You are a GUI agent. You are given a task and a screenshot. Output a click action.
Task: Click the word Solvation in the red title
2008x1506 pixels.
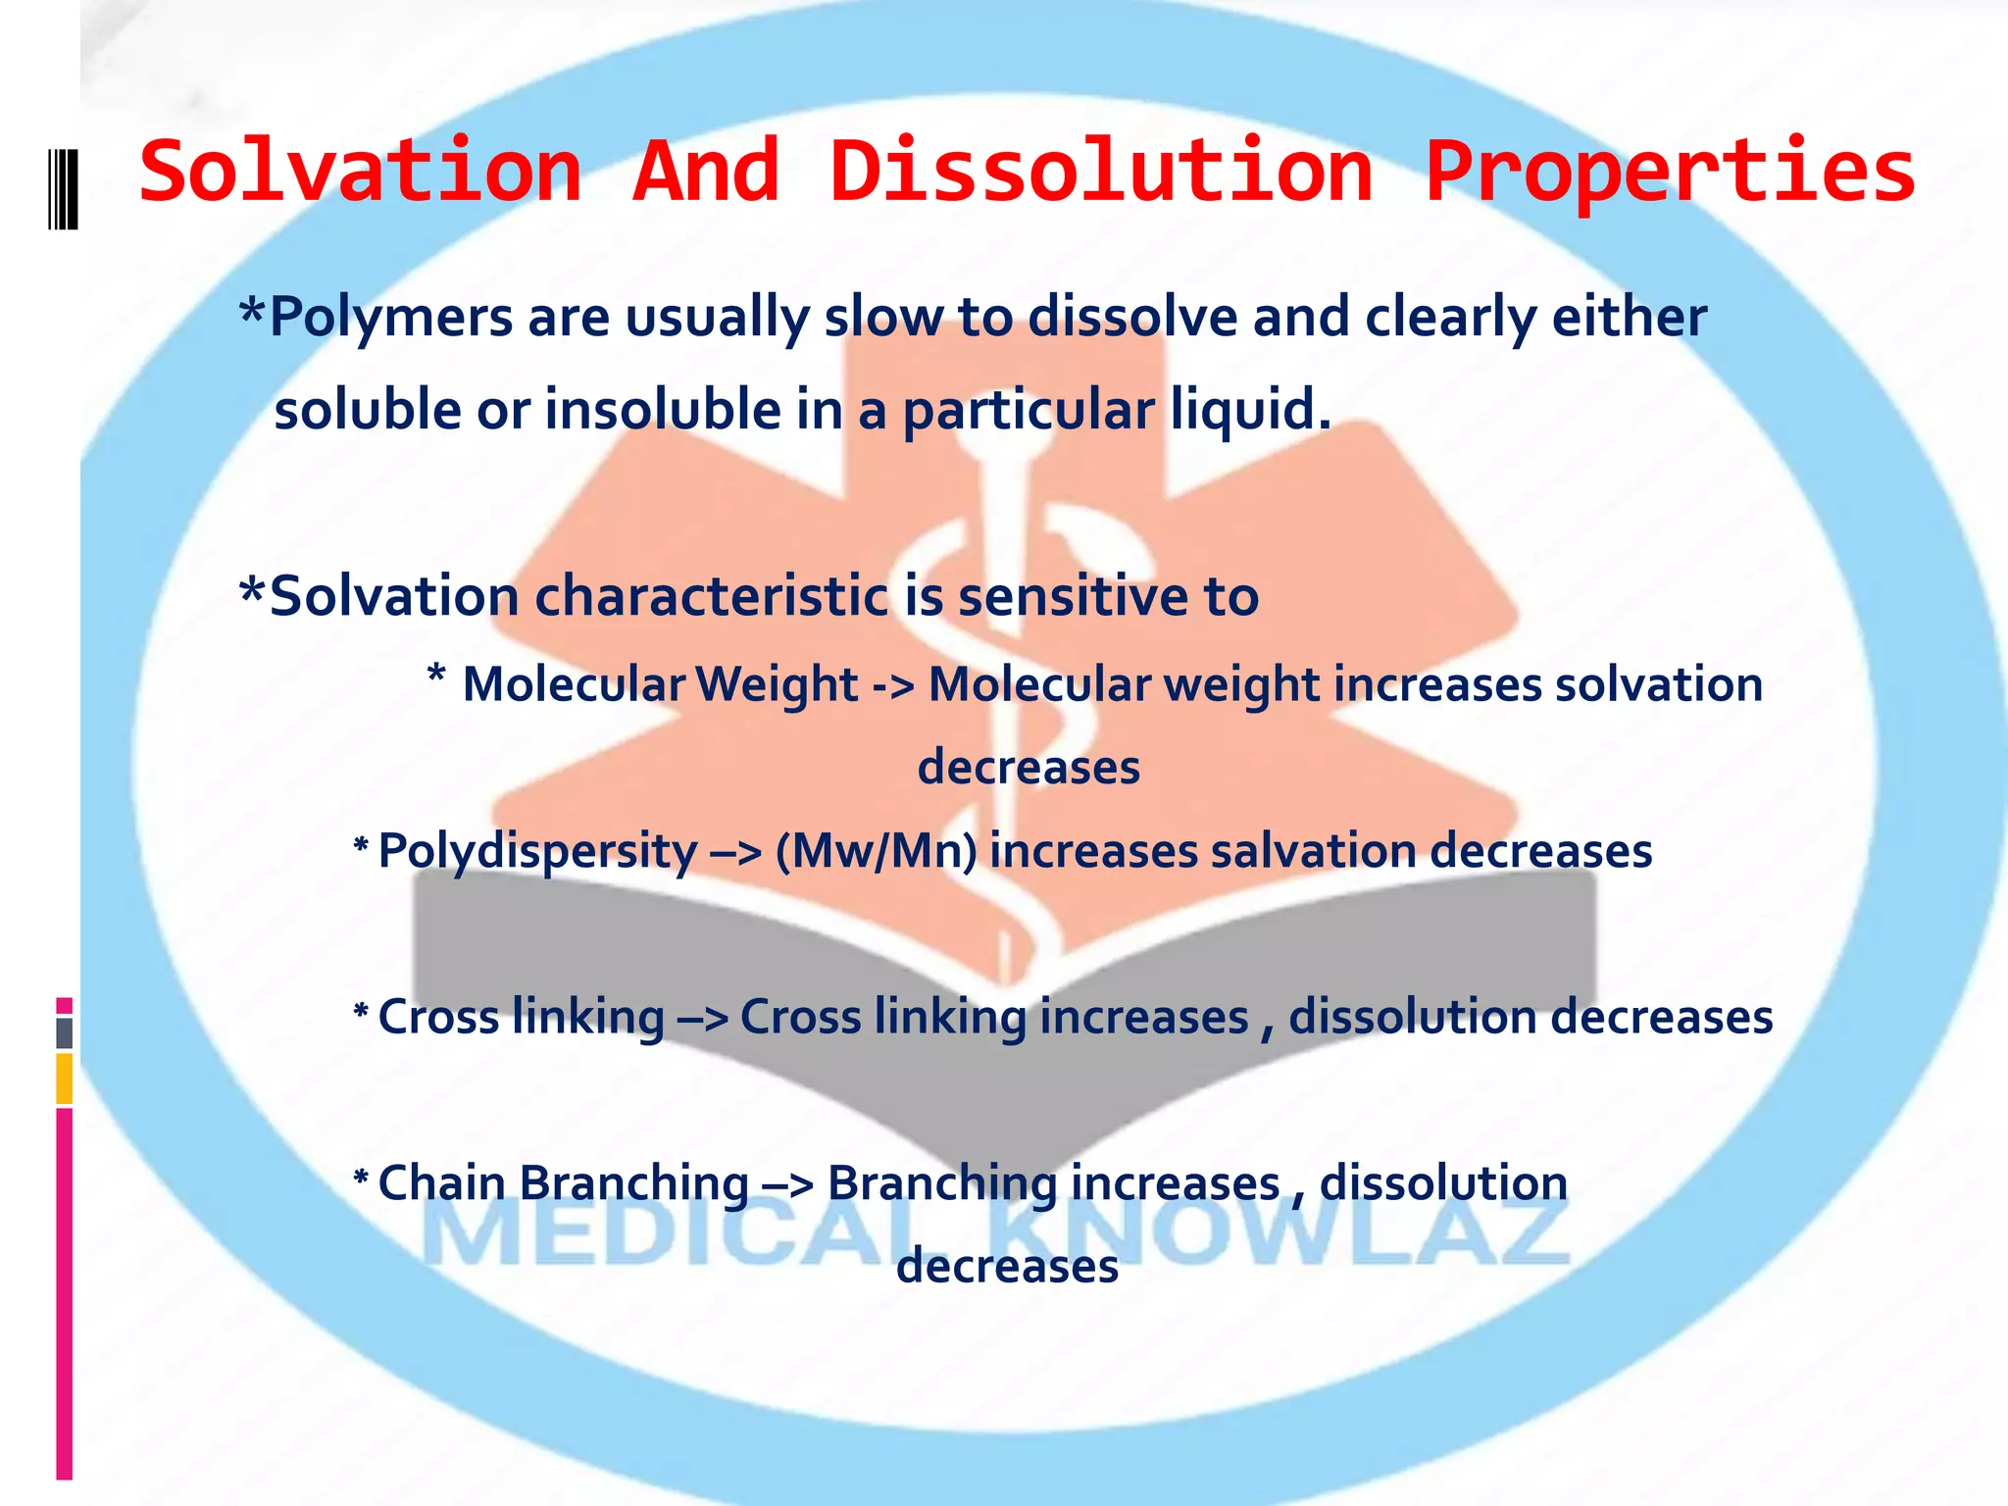(x=361, y=173)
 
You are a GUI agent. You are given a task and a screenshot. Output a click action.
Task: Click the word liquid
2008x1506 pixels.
(x=1250, y=410)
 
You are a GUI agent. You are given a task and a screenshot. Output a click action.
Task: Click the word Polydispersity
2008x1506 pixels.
(x=537, y=851)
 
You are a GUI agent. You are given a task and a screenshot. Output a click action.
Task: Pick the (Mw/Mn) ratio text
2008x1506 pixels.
(x=876, y=851)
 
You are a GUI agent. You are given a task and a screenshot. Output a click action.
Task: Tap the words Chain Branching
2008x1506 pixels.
(x=563, y=1183)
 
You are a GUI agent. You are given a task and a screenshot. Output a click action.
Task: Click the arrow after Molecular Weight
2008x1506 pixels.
(x=893, y=685)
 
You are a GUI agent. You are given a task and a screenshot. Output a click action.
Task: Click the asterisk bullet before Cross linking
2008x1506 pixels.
(x=361, y=1013)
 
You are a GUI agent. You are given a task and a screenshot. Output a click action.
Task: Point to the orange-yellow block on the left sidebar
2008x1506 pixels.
(x=64, y=1079)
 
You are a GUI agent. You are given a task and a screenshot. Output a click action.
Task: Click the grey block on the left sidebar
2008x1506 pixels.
(x=64, y=1033)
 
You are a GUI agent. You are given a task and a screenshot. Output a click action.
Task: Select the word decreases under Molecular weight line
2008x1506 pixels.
(x=1029, y=768)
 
